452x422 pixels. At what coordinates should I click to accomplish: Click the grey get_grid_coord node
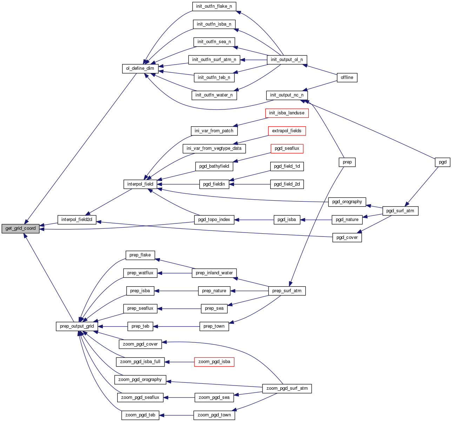tap(20, 228)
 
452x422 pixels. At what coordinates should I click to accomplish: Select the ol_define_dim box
tap(140, 68)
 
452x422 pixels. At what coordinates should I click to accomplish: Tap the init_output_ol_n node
tap(287, 60)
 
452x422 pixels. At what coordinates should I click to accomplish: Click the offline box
tap(347, 78)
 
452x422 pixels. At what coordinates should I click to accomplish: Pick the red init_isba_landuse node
tap(286, 113)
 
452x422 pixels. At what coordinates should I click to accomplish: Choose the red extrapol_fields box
tap(286, 131)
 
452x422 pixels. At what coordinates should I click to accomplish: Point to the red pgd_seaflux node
tap(287, 148)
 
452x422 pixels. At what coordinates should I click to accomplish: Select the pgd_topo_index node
tap(214, 220)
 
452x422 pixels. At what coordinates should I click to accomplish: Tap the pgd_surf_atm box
tap(400, 211)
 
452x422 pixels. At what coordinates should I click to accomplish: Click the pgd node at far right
tap(443, 162)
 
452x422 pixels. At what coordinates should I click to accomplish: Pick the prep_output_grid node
tap(77, 326)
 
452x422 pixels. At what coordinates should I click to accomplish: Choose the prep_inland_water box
tap(214, 273)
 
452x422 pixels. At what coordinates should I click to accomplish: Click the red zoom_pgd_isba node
tap(214, 362)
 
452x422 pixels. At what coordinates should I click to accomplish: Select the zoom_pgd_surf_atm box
tap(287, 388)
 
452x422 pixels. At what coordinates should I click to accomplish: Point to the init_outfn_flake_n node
tap(214, 6)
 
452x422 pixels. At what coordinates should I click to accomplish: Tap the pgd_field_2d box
tap(287, 184)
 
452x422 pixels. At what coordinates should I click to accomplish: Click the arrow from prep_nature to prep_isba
tap(176, 291)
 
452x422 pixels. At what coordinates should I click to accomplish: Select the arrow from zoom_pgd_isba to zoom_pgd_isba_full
tap(179, 362)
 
